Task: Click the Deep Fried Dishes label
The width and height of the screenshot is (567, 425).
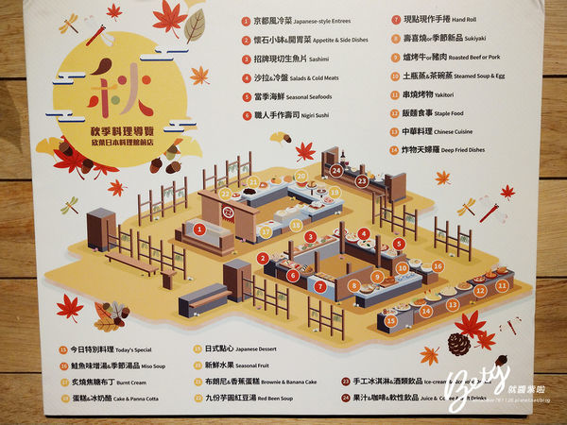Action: [489, 149]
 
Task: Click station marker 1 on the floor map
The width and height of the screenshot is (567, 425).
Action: [199, 228]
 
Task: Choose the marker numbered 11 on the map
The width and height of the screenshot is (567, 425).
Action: [503, 282]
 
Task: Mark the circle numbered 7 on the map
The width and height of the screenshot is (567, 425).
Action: [320, 283]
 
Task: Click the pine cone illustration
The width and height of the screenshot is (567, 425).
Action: [459, 344]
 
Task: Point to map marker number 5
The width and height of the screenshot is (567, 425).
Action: [400, 244]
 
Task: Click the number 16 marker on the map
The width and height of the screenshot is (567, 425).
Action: [438, 267]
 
